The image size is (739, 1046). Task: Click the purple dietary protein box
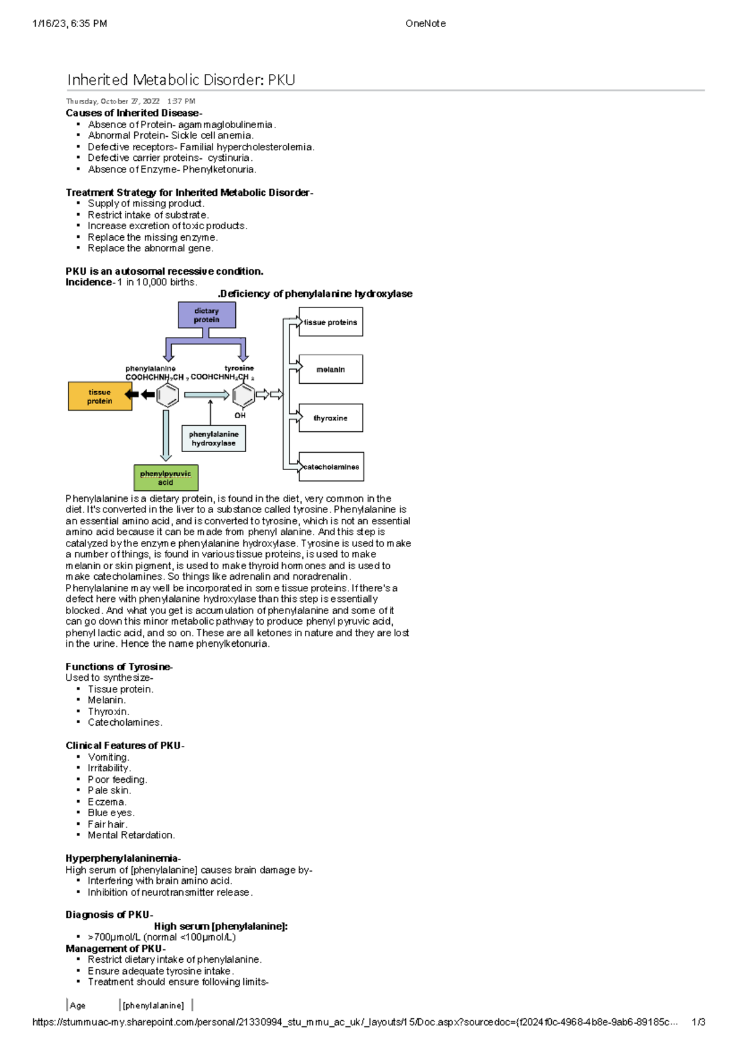[x=207, y=315]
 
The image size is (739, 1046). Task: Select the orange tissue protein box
[x=100, y=396]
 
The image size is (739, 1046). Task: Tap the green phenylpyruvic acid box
[x=166, y=477]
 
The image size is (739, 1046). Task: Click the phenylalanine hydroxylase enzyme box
[x=214, y=439]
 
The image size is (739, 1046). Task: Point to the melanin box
[x=331, y=370]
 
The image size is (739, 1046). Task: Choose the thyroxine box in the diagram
[x=331, y=418]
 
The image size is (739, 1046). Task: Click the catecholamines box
[x=331, y=467]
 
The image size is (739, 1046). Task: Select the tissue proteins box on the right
[x=331, y=322]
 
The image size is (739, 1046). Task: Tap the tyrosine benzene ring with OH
[x=243, y=395]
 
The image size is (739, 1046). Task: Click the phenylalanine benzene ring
[x=168, y=395]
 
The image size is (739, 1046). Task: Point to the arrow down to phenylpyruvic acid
[x=166, y=435]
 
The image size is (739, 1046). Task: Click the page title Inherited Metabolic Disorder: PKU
[x=181, y=80]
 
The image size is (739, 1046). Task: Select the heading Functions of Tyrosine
[x=119, y=667]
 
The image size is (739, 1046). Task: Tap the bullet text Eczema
[x=107, y=801]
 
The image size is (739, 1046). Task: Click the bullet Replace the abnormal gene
[x=150, y=248]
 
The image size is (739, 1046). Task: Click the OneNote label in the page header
[x=426, y=23]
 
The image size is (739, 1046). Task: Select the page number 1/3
[x=698, y=1022]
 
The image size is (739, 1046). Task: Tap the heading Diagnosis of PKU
[x=109, y=915]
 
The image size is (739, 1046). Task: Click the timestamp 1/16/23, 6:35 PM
[x=70, y=23]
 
